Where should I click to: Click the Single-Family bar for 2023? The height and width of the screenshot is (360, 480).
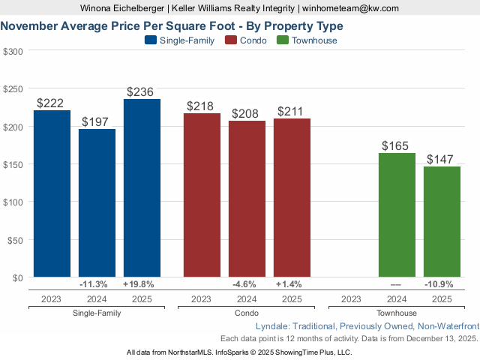(x=52, y=194)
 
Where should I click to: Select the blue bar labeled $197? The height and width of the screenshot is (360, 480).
(x=97, y=203)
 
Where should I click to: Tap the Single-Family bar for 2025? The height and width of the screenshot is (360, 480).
(x=142, y=188)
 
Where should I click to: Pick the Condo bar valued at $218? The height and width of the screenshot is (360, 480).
(x=202, y=196)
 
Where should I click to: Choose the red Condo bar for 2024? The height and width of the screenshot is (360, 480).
(x=247, y=199)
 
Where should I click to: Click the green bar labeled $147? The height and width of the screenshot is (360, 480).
(x=442, y=222)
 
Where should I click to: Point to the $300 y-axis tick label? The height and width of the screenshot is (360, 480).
(x=13, y=51)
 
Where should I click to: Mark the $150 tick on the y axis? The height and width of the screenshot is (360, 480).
(x=13, y=164)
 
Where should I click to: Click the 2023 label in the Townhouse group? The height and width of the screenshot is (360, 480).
(x=352, y=298)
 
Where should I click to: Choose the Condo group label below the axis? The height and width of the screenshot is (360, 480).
(x=247, y=313)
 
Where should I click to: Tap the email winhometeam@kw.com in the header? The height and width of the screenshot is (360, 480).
(x=351, y=8)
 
